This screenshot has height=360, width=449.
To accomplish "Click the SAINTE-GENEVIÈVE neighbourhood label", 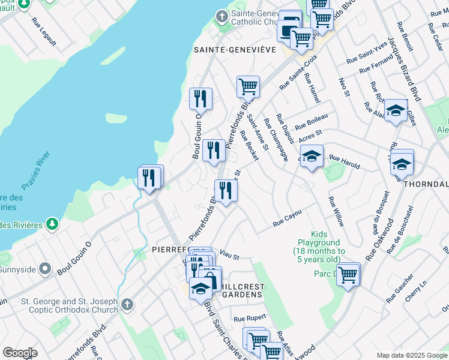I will pos(235,50).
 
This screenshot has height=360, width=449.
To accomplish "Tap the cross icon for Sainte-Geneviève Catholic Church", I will pos(221,16).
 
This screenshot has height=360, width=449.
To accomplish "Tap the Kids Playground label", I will pos(319,247).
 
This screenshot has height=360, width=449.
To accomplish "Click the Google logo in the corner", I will pos(20,353).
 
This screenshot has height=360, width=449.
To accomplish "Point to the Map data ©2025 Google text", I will pos(412,355).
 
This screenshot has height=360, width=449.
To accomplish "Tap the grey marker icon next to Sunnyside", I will pos(44,268).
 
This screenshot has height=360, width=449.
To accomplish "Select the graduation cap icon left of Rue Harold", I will pos(311,157).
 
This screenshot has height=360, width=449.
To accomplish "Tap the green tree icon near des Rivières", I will pos(53,224).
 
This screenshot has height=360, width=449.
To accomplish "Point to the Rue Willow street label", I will pos(336,211).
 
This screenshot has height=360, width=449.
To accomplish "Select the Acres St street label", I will pos(310,136).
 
